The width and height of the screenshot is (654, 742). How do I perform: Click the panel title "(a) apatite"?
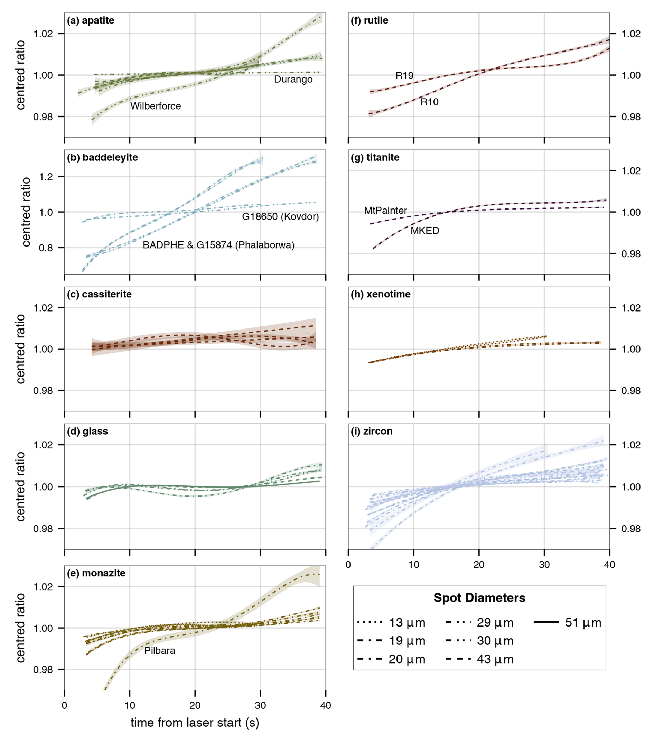click(x=90, y=21)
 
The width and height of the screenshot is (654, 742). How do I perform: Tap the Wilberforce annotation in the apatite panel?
click(x=155, y=106)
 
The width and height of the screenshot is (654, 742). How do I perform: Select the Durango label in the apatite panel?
click(x=293, y=80)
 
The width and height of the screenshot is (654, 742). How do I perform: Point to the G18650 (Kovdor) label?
click(x=280, y=217)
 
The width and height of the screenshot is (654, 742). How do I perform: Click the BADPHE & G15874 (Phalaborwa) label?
click(x=218, y=245)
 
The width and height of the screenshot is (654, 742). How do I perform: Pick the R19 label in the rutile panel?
click(x=404, y=76)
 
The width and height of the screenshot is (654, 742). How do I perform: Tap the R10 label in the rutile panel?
click(x=429, y=102)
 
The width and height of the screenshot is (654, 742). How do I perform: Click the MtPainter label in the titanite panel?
click(x=385, y=211)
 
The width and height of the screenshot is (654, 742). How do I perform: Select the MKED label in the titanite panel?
click(x=424, y=231)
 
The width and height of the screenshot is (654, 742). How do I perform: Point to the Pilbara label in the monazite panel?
click(x=159, y=650)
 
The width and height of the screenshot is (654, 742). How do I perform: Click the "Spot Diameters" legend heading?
click(x=479, y=598)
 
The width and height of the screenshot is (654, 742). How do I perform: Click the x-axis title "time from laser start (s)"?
click(x=195, y=722)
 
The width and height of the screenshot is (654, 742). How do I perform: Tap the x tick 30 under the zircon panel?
click(x=544, y=565)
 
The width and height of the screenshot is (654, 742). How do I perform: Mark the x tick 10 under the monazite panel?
click(x=130, y=705)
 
